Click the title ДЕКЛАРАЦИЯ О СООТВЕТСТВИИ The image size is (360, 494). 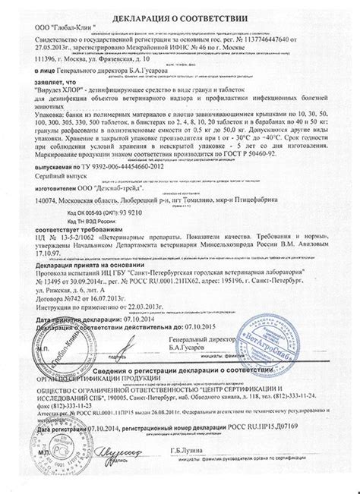181,16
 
